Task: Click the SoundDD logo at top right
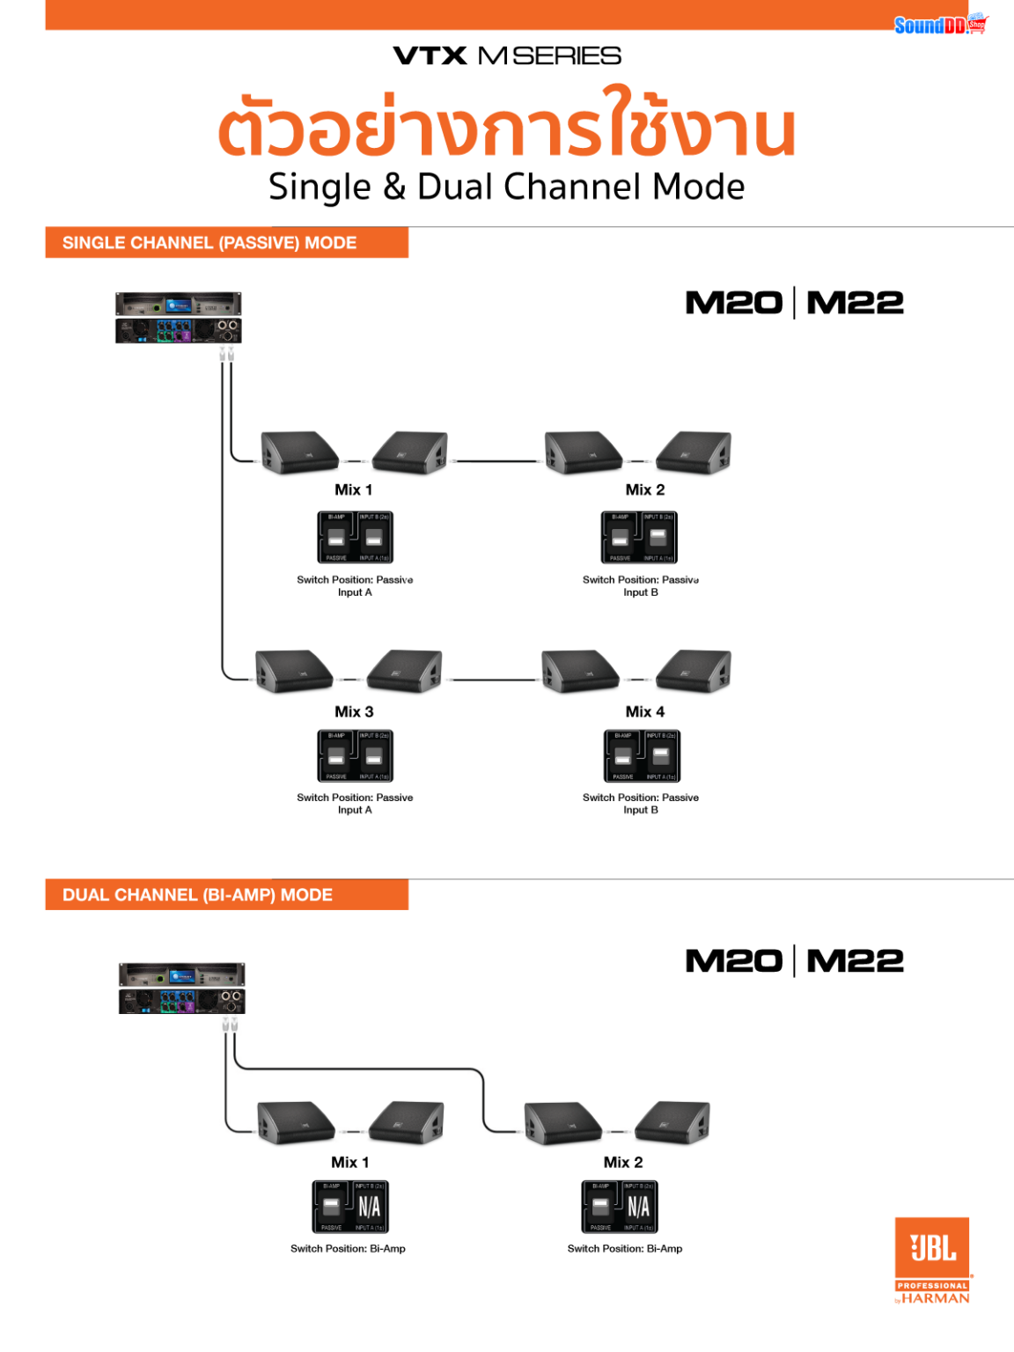click(x=939, y=25)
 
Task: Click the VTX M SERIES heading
click(x=507, y=56)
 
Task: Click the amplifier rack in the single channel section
click(x=179, y=318)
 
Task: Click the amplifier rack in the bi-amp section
click(x=181, y=988)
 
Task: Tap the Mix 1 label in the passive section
click(x=353, y=490)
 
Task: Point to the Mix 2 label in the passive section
click(x=644, y=490)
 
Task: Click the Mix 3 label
click(x=353, y=711)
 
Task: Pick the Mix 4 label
click(x=644, y=711)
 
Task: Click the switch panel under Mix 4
click(x=642, y=756)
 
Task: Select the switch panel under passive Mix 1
click(x=355, y=537)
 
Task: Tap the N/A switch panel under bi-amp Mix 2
click(x=620, y=1207)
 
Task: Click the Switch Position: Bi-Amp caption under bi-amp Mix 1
click(x=348, y=1249)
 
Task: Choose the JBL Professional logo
click(x=932, y=1259)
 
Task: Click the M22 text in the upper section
click(x=855, y=303)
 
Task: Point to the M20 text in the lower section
click(x=733, y=961)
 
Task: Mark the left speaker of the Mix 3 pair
click(x=293, y=672)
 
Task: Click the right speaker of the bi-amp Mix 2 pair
click(x=673, y=1122)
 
